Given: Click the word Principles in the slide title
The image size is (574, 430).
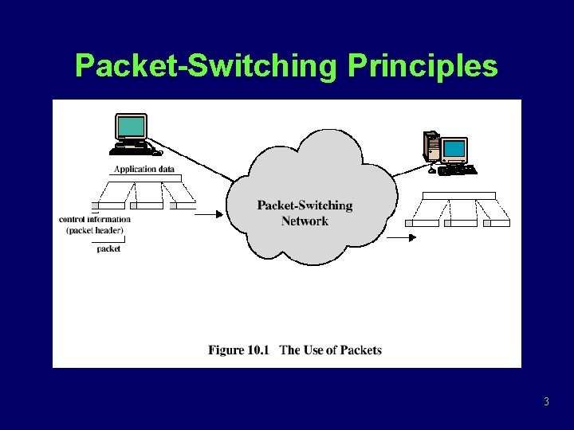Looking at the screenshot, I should click(x=423, y=66).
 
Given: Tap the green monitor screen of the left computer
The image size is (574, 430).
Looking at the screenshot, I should click(x=132, y=127).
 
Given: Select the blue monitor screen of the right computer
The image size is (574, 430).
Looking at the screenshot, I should click(x=454, y=149).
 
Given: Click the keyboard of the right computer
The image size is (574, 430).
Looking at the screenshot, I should click(x=456, y=170).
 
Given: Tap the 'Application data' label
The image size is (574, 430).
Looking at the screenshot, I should click(x=143, y=169).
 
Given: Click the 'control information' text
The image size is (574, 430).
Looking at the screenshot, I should click(x=95, y=219).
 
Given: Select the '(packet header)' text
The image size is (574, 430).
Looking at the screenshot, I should click(x=95, y=230).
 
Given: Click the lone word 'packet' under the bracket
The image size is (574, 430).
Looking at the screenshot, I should click(x=108, y=248).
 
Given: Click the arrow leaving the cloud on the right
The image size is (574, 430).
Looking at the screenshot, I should click(x=401, y=236).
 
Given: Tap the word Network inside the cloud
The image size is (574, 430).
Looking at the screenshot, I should click(x=305, y=221).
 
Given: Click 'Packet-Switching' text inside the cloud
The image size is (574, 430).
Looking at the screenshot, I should click(x=305, y=205).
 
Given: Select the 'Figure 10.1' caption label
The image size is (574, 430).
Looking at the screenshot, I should click(x=240, y=350).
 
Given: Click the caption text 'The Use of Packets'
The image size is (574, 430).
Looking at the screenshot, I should click(x=331, y=350).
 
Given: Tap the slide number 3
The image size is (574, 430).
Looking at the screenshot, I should click(x=546, y=401).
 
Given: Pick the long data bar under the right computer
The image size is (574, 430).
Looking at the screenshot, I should click(x=458, y=195).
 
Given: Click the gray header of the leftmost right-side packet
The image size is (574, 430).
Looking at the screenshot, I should click(x=409, y=224).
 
